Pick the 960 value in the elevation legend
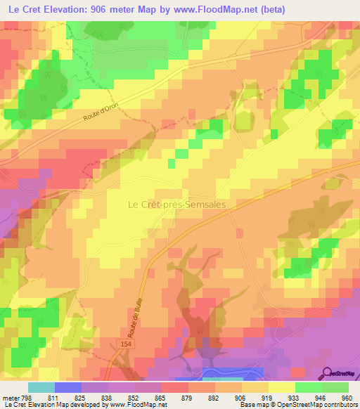point(342,396)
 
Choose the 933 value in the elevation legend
point(285,396)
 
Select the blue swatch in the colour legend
point(67,387)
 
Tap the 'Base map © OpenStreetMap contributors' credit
point(297,405)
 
